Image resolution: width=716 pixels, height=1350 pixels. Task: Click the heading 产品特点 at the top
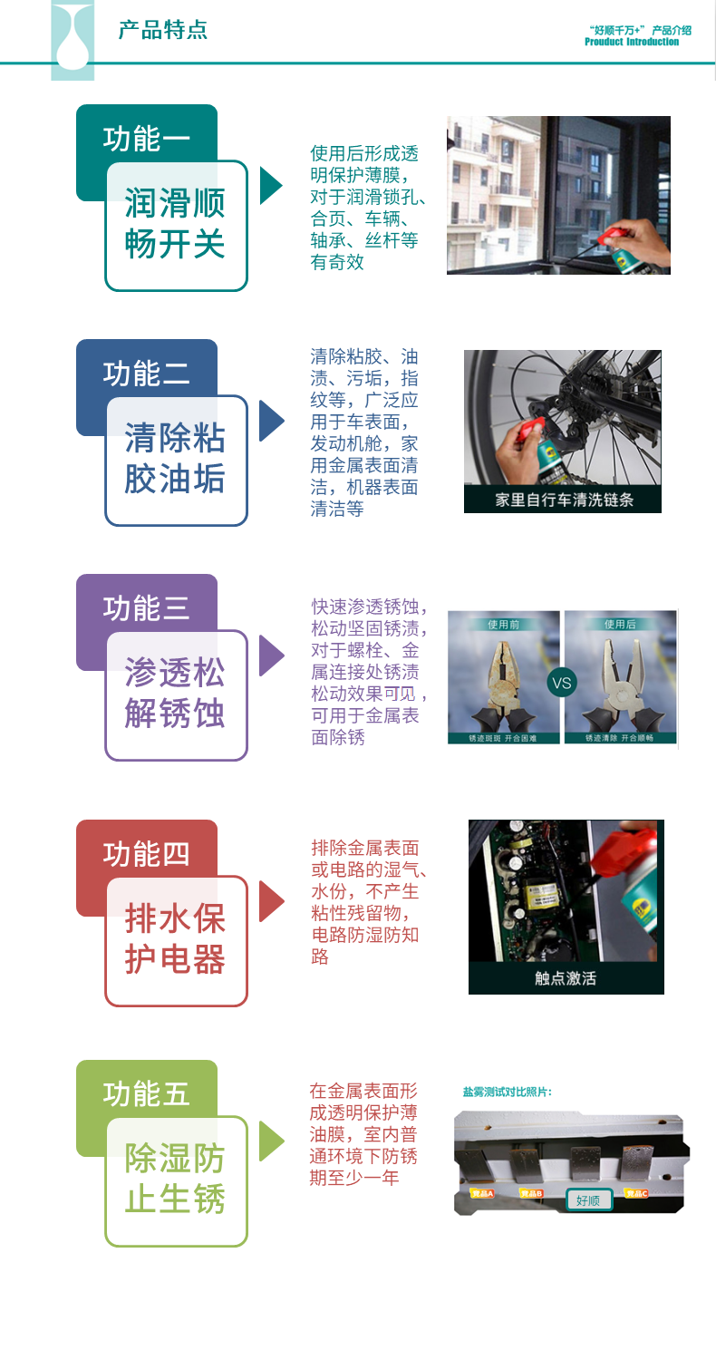click(163, 30)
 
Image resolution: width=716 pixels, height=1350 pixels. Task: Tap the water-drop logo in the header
click(73, 41)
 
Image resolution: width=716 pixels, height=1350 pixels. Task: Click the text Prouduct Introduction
click(632, 42)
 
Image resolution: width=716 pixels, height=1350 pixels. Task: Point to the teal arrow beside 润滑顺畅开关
click(271, 185)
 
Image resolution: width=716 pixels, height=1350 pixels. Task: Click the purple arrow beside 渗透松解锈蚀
click(271, 656)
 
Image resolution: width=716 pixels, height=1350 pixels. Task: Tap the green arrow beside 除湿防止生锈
click(271, 1141)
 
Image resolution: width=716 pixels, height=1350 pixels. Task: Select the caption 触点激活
click(566, 978)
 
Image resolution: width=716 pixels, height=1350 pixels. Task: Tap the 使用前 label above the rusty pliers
click(503, 624)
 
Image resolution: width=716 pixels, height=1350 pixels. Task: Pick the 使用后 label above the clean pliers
click(620, 624)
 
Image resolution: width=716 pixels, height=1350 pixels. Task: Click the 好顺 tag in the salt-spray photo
click(588, 1200)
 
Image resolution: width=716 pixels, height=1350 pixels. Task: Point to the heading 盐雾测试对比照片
click(508, 1092)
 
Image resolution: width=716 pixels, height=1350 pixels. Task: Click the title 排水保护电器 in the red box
click(176, 939)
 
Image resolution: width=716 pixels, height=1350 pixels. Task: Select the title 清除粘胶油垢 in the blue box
click(176, 459)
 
